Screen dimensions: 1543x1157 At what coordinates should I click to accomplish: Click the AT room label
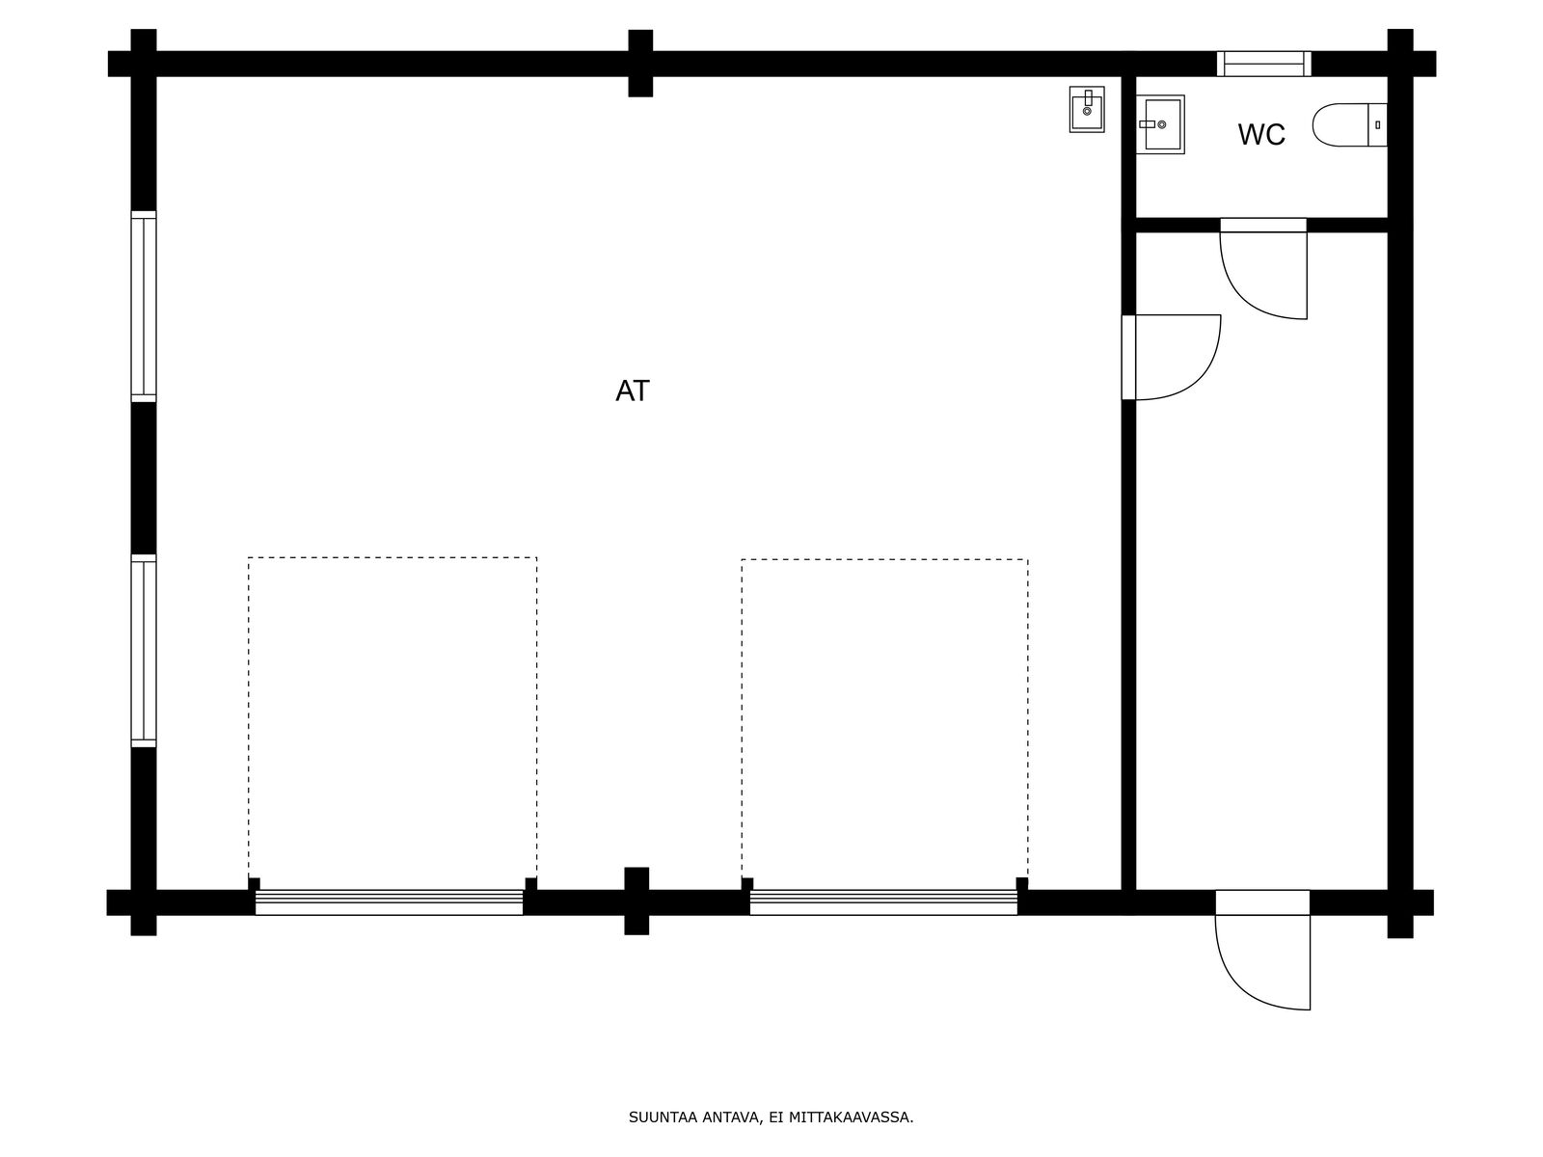[632, 391]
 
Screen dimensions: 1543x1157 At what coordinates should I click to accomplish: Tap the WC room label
[1261, 134]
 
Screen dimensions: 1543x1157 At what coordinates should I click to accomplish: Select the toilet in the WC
[1349, 125]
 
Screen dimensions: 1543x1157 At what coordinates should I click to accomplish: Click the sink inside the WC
[1160, 124]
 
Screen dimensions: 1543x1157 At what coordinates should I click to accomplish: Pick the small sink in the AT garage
[1087, 110]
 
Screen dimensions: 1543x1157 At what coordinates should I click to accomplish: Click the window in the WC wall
[1264, 64]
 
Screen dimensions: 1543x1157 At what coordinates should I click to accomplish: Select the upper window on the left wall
[144, 307]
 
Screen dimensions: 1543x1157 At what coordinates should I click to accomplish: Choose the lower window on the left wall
[144, 651]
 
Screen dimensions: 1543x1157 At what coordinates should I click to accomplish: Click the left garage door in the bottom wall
[389, 902]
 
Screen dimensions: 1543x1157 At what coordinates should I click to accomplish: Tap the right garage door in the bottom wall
[883, 902]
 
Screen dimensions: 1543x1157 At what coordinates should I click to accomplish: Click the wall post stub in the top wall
[640, 64]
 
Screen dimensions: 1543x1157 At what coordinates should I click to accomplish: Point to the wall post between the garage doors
[636, 901]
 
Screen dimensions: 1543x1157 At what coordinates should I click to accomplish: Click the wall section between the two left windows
[144, 478]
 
